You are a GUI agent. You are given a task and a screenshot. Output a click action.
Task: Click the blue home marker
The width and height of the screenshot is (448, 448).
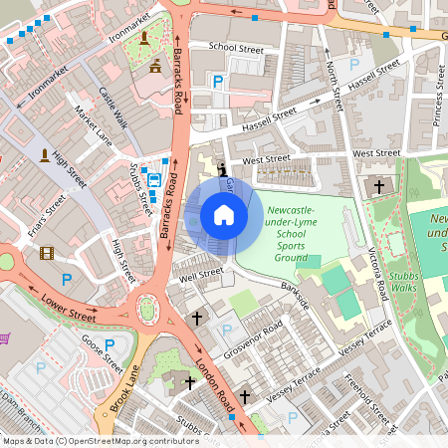pyautogui.click(x=224, y=215)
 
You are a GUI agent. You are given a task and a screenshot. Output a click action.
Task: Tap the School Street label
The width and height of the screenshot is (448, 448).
pyautogui.click(x=235, y=47)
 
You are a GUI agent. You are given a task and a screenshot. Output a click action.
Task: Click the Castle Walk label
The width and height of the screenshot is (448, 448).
pyautogui.click(x=113, y=107)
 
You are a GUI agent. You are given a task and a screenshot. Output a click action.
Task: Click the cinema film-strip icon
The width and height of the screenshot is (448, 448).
pyautogui.click(x=46, y=253)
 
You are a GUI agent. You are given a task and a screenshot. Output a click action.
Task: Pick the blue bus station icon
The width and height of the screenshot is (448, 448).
pyautogui.click(x=154, y=180)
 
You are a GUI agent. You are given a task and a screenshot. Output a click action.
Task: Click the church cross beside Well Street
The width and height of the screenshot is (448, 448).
pyautogui.click(x=196, y=319)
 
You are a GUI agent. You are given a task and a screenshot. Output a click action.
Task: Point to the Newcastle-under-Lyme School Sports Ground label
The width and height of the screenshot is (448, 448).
pyautogui.click(x=297, y=235)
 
